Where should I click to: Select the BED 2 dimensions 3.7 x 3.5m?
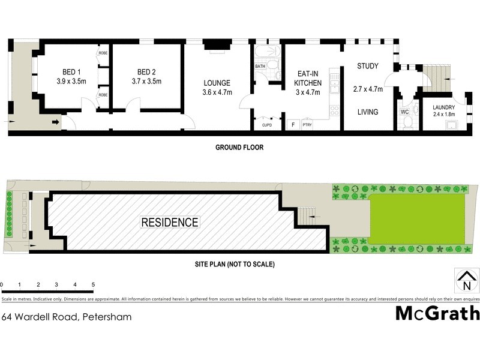pos(146,80)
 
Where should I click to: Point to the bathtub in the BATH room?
pos(268,52)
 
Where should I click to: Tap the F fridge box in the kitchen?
pos(293,125)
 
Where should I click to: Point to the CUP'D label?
pos(267,125)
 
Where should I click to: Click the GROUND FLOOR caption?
pos(240,147)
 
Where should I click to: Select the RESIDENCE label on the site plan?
pos(170,223)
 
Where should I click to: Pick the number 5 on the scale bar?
pos(93,284)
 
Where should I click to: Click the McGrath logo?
pos(437,313)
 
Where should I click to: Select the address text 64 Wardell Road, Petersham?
pos(67,316)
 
